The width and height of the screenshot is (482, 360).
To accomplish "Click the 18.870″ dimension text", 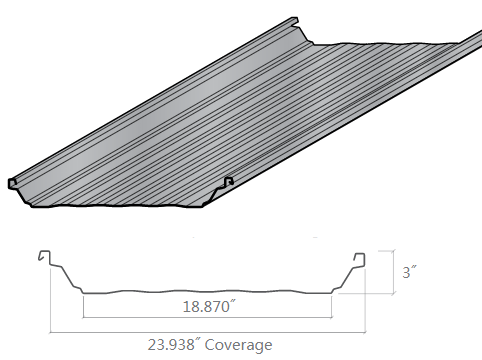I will click(x=208, y=308).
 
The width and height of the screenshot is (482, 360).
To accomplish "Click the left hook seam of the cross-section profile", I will click(x=44, y=257).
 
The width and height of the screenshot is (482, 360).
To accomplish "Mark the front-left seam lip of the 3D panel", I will click(x=13, y=183).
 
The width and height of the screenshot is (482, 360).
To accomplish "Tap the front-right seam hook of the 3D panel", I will click(x=228, y=182).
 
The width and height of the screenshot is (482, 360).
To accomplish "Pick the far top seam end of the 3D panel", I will click(x=296, y=21).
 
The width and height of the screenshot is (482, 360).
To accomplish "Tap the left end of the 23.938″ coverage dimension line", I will click(x=51, y=331).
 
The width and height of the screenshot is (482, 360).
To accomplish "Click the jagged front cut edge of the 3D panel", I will click(x=120, y=210).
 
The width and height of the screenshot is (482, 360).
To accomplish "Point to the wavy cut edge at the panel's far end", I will click(x=390, y=45).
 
